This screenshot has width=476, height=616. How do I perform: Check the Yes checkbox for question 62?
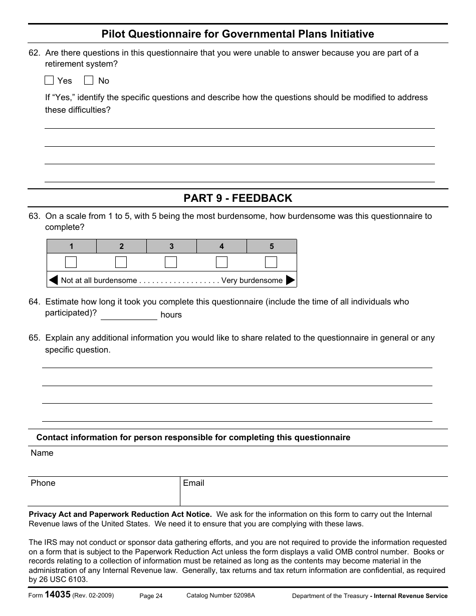click(49, 80)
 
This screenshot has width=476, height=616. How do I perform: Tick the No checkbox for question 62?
click(89, 80)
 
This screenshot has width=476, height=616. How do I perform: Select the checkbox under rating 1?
click(71, 262)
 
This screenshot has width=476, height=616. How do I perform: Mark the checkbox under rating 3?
click(171, 262)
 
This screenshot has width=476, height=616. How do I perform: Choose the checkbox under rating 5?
click(271, 262)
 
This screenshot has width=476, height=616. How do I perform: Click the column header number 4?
click(221, 246)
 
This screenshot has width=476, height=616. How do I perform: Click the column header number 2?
click(121, 246)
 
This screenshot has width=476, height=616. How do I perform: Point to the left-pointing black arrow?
click(54, 280)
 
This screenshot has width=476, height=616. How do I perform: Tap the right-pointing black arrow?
click(290, 280)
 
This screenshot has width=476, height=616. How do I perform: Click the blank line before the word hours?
click(129, 315)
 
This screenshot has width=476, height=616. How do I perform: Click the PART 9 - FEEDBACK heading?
click(237, 198)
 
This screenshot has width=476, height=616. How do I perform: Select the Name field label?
click(42, 453)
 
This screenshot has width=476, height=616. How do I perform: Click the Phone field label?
click(43, 483)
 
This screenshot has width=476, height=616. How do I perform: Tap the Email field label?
click(193, 483)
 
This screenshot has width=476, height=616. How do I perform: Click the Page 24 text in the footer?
click(151, 596)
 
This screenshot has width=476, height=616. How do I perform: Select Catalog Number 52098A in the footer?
click(220, 595)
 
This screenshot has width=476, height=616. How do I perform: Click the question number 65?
click(34, 338)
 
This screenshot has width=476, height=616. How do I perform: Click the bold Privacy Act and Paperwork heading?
click(120, 514)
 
